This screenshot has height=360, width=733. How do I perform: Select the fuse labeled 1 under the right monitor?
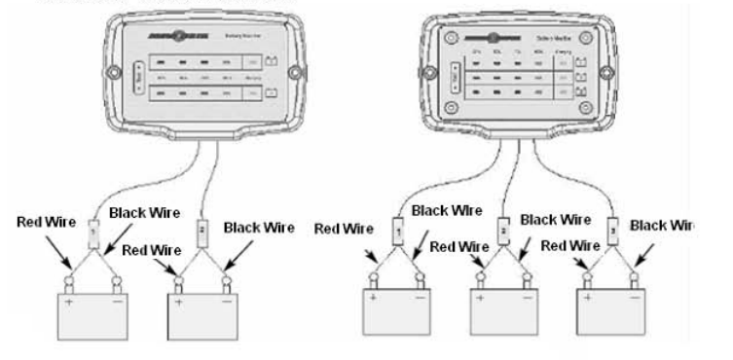pyautogui.click(x=398, y=231)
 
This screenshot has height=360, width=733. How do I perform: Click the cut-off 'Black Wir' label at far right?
pyautogui.click(x=662, y=225)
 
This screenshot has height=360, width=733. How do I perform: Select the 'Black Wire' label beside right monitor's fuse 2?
pyautogui.click(x=556, y=220)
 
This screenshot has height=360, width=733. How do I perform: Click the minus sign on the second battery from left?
pyautogui.click(x=231, y=303)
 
